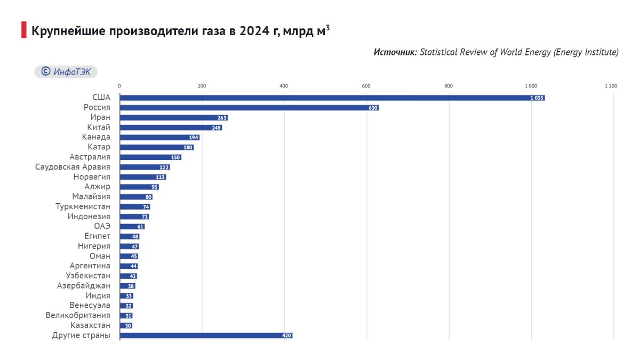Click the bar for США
click(332, 98)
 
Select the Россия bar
click(250, 108)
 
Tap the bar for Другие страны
click(206, 335)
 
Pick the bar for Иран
click(174, 118)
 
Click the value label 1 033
click(537, 98)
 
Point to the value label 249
click(217, 127)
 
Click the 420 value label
click(286, 335)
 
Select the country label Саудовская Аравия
click(73, 167)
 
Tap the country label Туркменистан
click(83, 206)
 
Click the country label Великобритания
click(78, 315)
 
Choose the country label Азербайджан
click(83, 286)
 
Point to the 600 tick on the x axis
click(366, 86)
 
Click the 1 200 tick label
click(611, 86)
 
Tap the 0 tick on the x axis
click(119, 86)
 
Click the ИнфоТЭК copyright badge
click(66, 71)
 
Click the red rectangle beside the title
click(24, 30)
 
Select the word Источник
click(395, 52)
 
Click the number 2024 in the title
click(254, 31)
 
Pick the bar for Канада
click(159, 138)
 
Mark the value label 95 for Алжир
click(154, 187)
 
